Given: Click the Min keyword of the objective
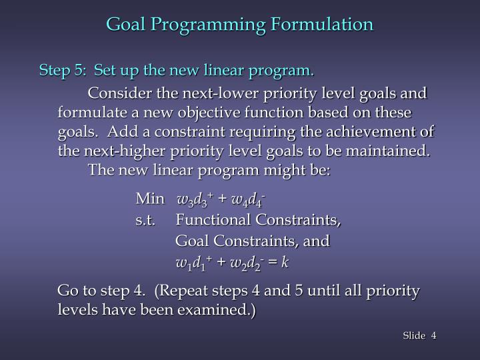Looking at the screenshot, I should coord(149,199).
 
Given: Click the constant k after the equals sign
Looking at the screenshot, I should coord(285,262).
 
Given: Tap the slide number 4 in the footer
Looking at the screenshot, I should coord(433,335).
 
